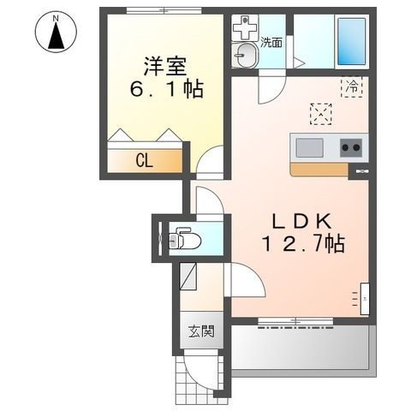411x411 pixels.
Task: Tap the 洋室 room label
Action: tap(164, 65)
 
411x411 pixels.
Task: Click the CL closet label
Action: tap(144, 160)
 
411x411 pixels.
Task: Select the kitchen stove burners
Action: tap(351, 147)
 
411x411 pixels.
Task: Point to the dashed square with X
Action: tap(320, 113)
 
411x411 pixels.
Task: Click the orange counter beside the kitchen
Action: tap(319, 169)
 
